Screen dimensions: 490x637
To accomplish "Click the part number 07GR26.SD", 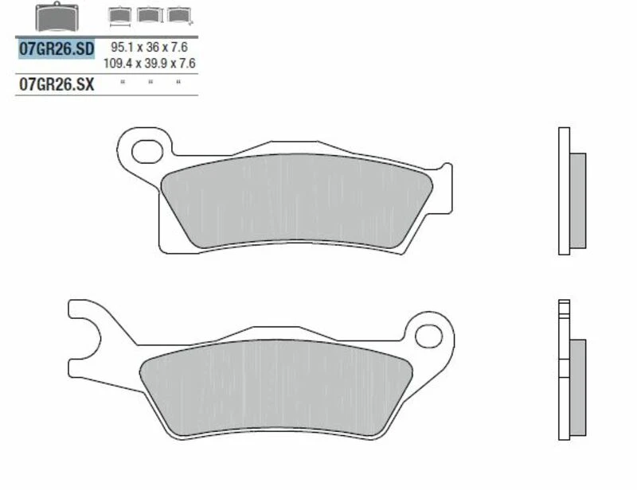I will click(56, 49).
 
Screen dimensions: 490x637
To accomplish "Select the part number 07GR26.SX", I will click(56, 84).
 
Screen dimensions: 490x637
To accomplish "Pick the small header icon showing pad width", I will click(119, 15).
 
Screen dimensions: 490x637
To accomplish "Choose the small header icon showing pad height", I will click(147, 15).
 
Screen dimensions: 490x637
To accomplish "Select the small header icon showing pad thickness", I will click(175, 15).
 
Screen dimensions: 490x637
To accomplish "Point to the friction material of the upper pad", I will click(295, 199).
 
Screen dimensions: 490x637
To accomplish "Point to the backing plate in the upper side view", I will click(565, 191).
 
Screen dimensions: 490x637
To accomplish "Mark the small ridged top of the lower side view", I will click(565, 308).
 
